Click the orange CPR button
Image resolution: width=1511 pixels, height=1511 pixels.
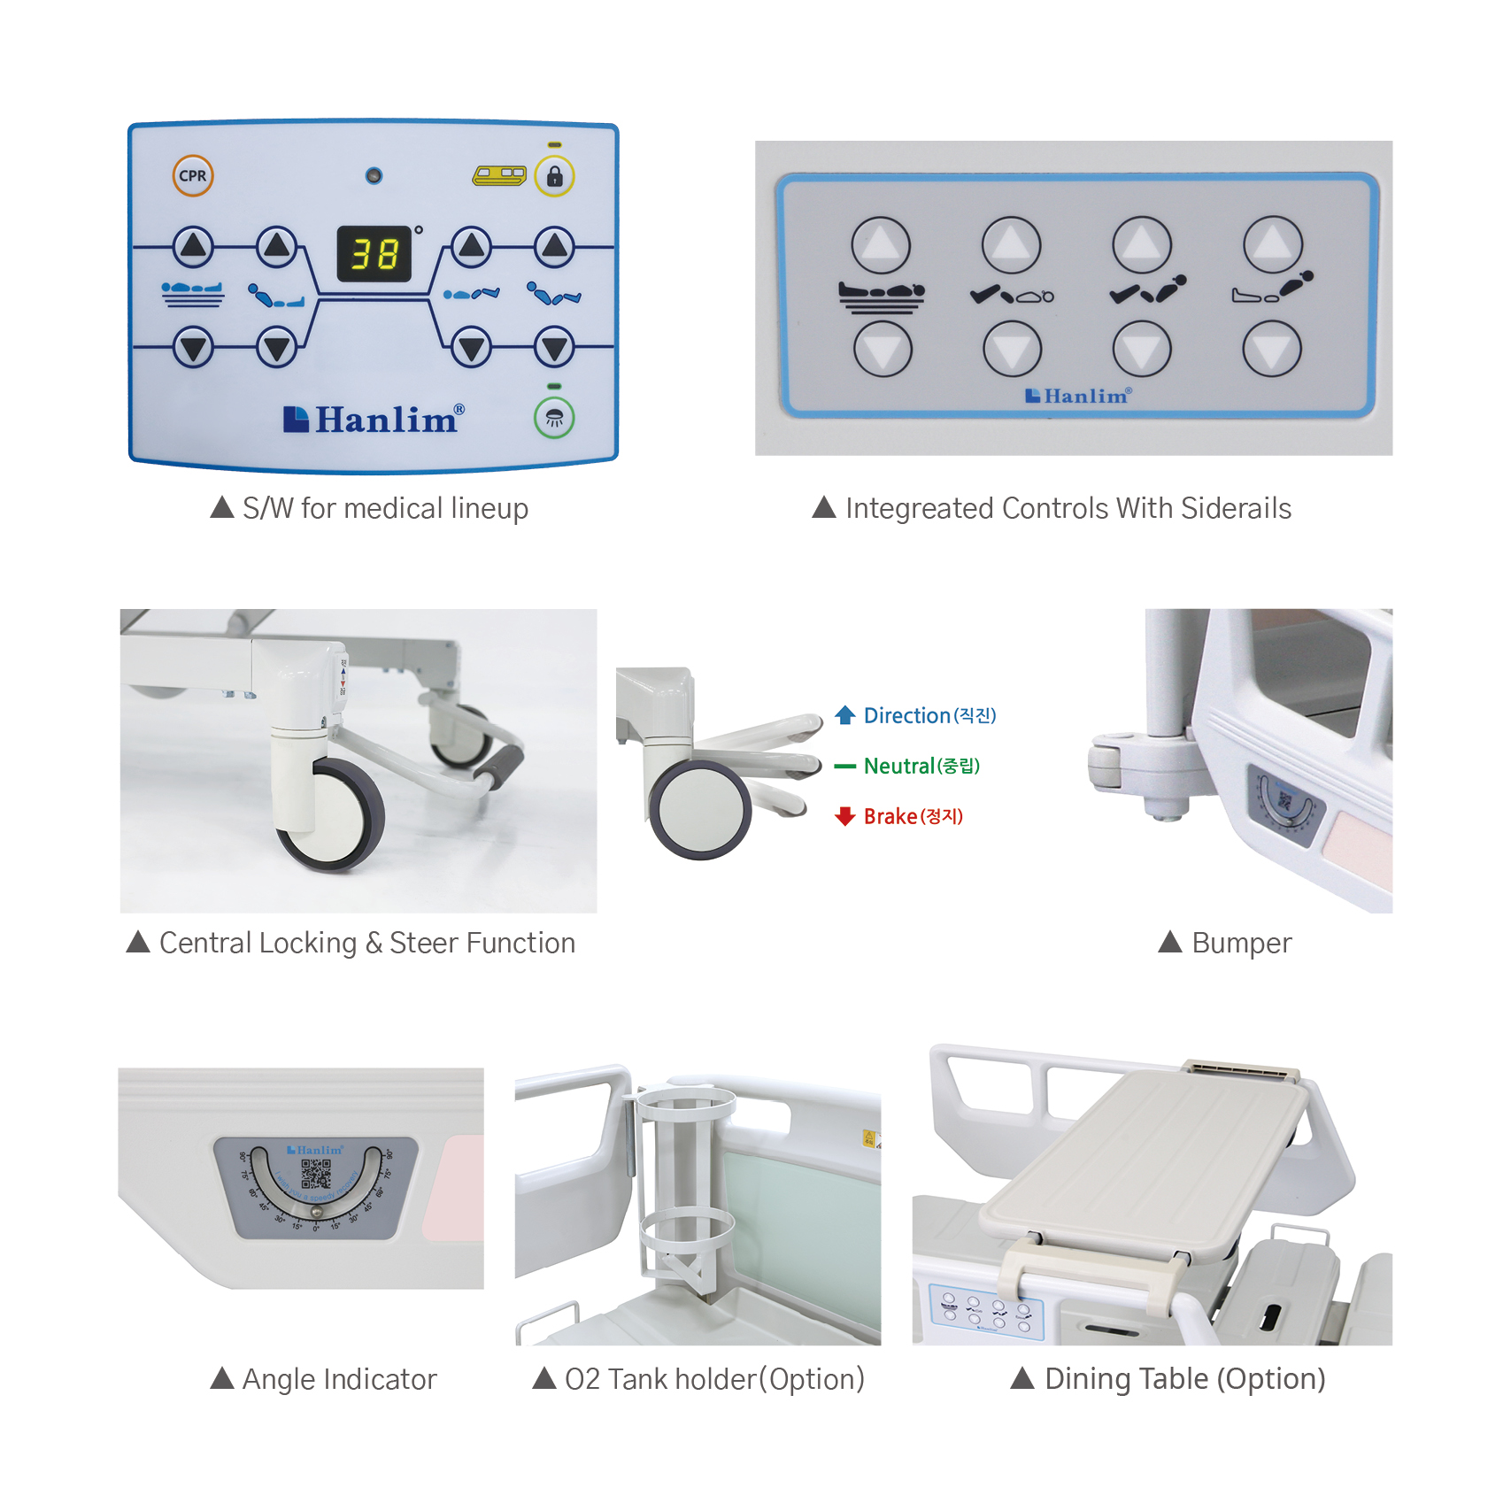[x=192, y=175]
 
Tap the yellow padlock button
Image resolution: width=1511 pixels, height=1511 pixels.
[x=555, y=175]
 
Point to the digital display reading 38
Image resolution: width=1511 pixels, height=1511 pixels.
[x=374, y=254]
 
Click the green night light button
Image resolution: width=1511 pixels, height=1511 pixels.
[x=554, y=418]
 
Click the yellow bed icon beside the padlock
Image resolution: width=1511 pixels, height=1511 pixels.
[x=499, y=175]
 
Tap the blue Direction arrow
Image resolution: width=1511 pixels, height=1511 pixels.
[x=844, y=714]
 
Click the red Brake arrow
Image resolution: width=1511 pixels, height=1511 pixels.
[x=844, y=816]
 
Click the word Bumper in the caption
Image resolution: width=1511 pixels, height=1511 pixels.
[x=1241, y=943]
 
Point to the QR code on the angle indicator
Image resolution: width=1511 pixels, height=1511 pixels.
[x=316, y=1174]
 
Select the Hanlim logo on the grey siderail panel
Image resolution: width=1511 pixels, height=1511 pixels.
[x=1077, y=396]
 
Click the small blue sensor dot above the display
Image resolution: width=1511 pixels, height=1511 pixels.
[x=374, y=175]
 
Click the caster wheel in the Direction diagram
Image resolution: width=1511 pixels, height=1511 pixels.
[x=700, y=810]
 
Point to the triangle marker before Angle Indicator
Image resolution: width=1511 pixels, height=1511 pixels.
[x=222, y=1378]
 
